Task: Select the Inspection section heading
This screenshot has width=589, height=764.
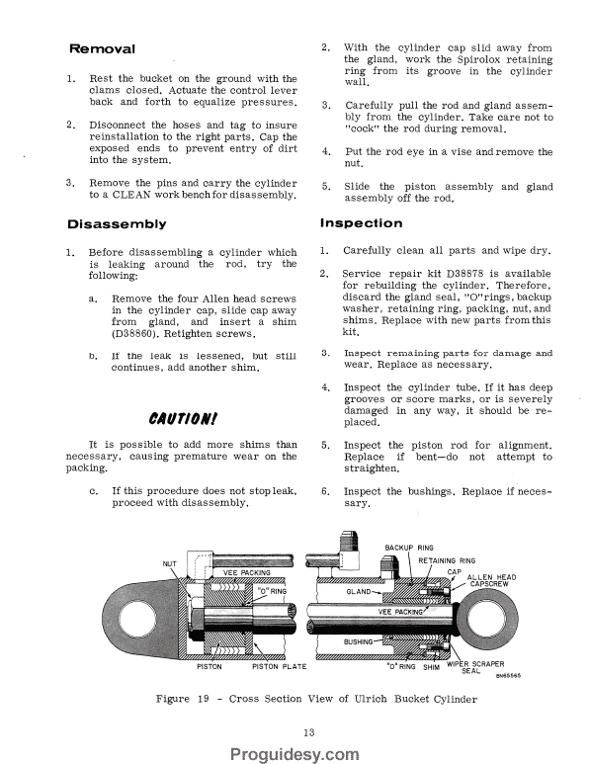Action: pos(362,224)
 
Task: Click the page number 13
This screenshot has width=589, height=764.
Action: pos(294,730)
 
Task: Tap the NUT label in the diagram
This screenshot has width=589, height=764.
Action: pos(169,564)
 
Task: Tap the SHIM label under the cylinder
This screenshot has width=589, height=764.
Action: pos(431,667)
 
